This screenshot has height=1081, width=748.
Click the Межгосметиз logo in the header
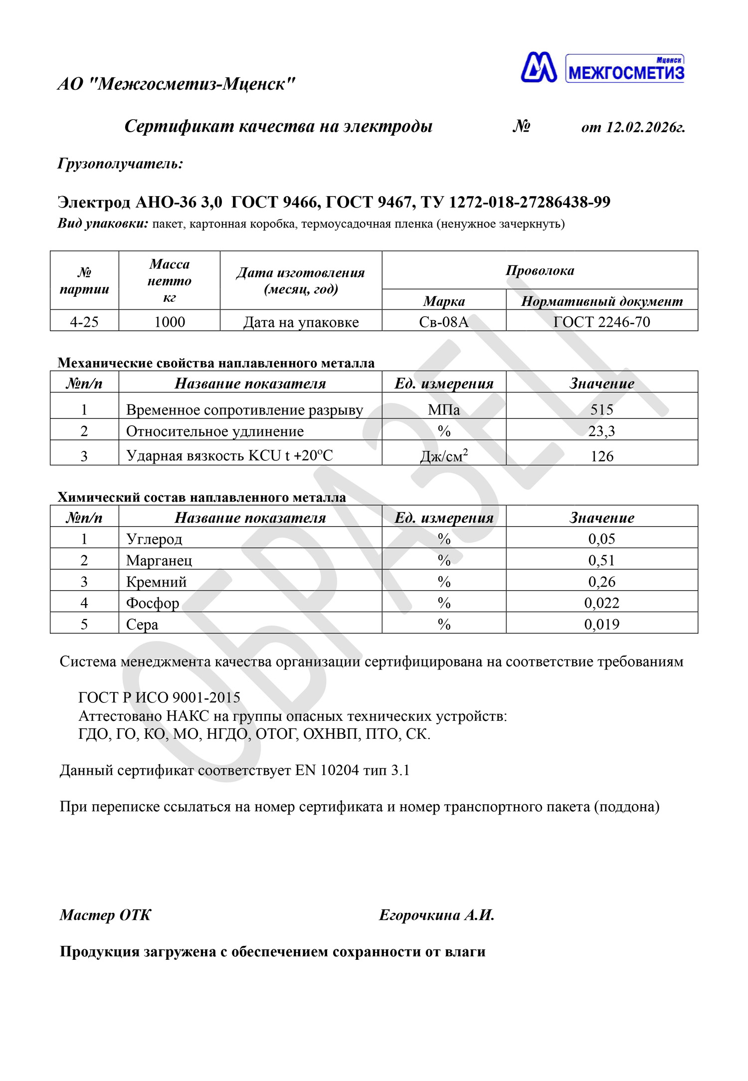[602, 68]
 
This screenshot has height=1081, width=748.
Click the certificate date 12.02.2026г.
[645, 128]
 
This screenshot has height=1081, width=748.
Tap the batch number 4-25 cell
[84, 322]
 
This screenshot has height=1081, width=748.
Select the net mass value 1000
[170, 322]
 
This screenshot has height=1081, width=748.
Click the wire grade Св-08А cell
[444, 322]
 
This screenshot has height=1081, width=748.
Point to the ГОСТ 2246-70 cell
[602, 322]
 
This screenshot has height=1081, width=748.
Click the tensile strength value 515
[602, 410]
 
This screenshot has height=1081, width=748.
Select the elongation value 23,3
[602, 431]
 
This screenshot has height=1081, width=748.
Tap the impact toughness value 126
[602, 456]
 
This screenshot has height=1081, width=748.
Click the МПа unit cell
[444, 410]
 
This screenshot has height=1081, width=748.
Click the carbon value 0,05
[602, 539]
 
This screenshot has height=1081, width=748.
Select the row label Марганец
[159, 560]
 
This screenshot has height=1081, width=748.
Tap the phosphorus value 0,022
[602, 603]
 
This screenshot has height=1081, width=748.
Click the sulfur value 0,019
[602, 625]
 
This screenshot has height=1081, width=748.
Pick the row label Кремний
[157, 582]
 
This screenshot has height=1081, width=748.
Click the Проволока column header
[540, 270]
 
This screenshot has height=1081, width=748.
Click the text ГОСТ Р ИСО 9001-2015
[160, 697]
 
